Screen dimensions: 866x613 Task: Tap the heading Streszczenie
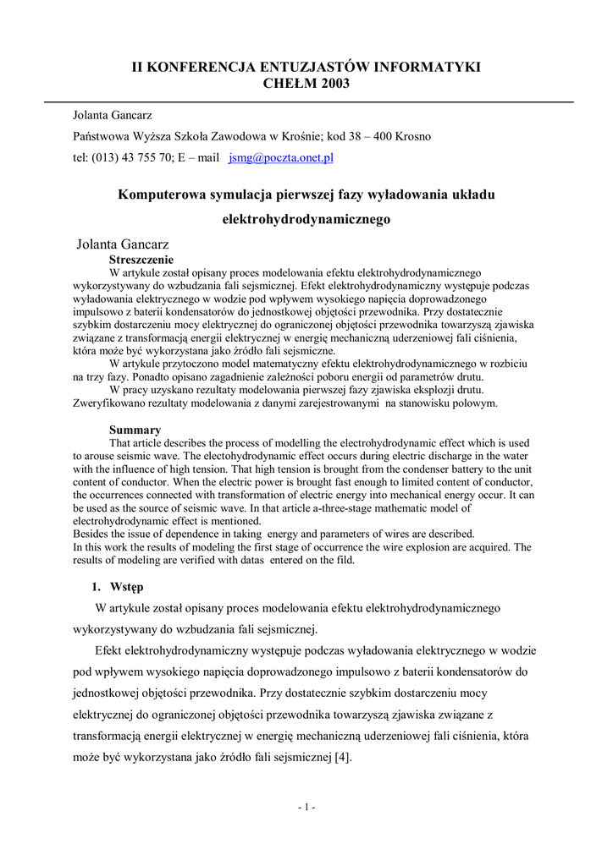pos(141,260)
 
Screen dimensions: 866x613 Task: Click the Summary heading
pos(135,430)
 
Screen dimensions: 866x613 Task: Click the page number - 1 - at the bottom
pos(306,807)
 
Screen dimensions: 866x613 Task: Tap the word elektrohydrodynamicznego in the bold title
pos(306,218)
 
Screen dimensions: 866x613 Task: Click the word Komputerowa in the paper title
pos(162,195)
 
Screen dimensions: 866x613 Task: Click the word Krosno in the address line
pos(411,136)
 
